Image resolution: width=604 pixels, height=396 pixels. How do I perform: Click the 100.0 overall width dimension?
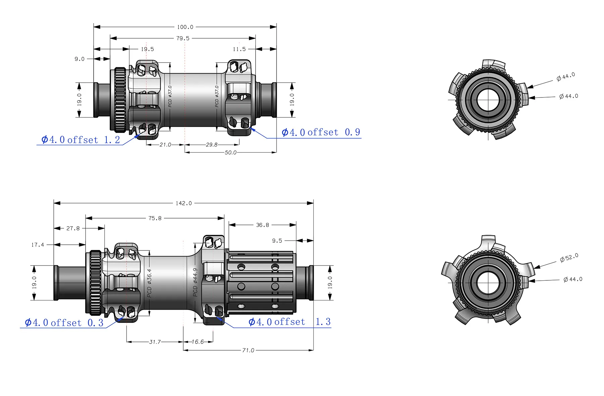185,27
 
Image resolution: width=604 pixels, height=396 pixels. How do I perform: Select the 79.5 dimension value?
183,38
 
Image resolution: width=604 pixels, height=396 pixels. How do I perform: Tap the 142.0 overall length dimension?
184,203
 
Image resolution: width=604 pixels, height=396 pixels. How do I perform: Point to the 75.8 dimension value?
155,218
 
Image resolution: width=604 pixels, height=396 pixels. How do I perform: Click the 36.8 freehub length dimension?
262,225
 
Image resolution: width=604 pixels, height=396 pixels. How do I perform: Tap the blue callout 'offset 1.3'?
290,322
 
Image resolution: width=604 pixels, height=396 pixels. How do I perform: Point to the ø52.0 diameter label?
569,258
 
